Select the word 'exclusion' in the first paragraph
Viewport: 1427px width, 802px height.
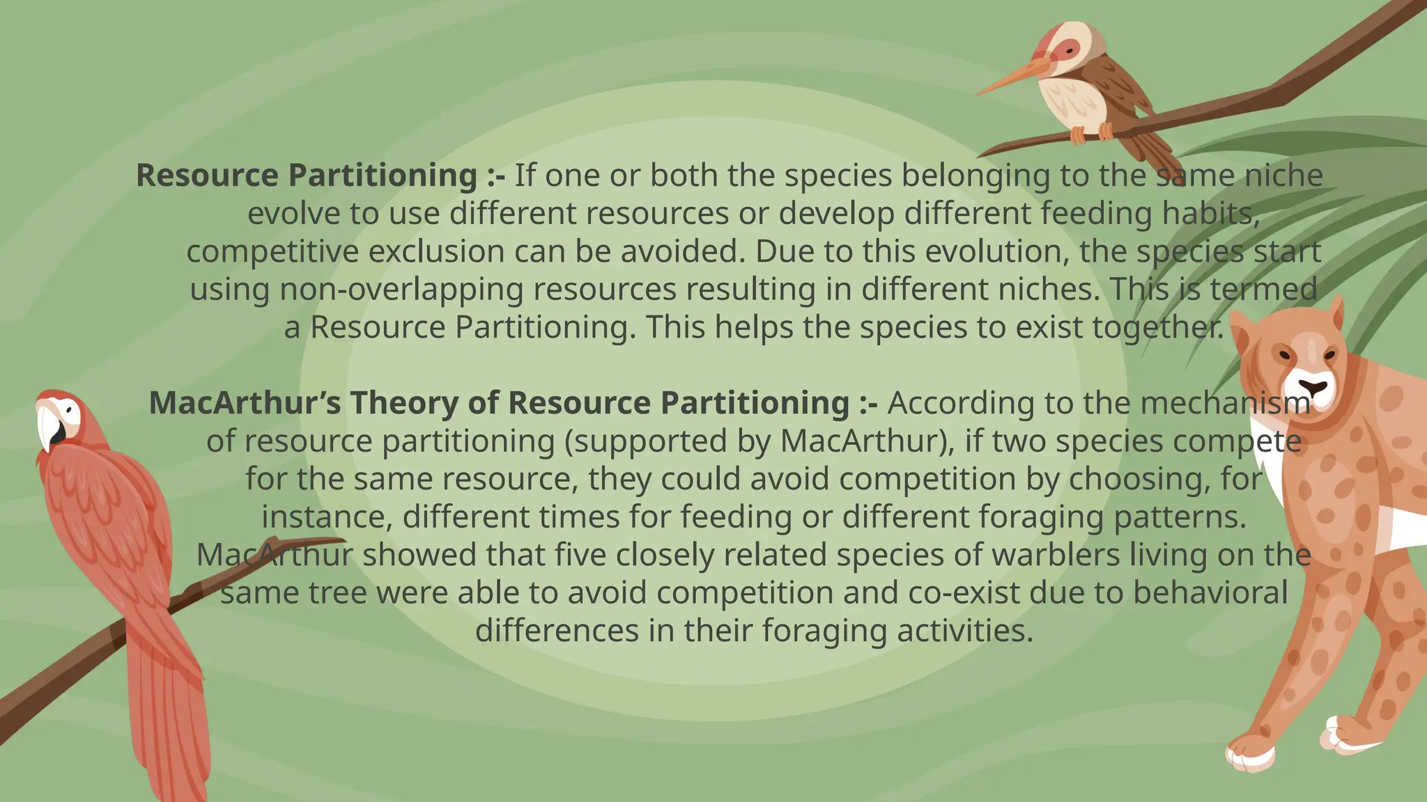[436, 251]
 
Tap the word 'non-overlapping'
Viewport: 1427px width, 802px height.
[401, 290]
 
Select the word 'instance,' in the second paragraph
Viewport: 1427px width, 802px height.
[327, 517]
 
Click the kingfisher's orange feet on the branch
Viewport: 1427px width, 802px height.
[1091, 132]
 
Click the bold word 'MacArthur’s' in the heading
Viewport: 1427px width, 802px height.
[245, 403]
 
